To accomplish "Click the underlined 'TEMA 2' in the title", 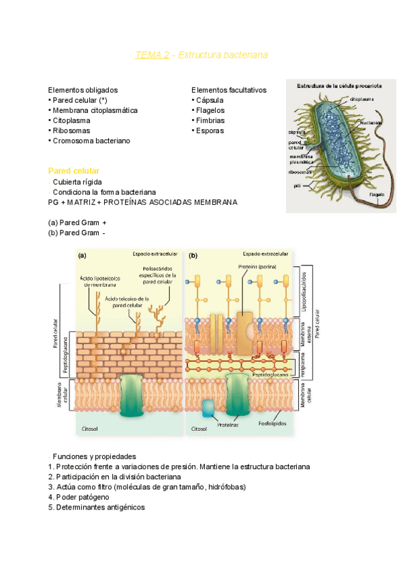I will [152, 55].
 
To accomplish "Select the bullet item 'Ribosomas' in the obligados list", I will [70, 130].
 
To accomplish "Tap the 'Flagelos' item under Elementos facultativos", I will [208, 110].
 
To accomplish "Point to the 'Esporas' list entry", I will [208, 130].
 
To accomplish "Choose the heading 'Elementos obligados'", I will [83, 89].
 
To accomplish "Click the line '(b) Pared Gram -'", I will [77, 233].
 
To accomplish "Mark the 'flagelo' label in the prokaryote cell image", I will [379, 195].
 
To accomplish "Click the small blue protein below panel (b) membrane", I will [208, 407].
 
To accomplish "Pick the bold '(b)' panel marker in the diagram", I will [193, 255].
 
